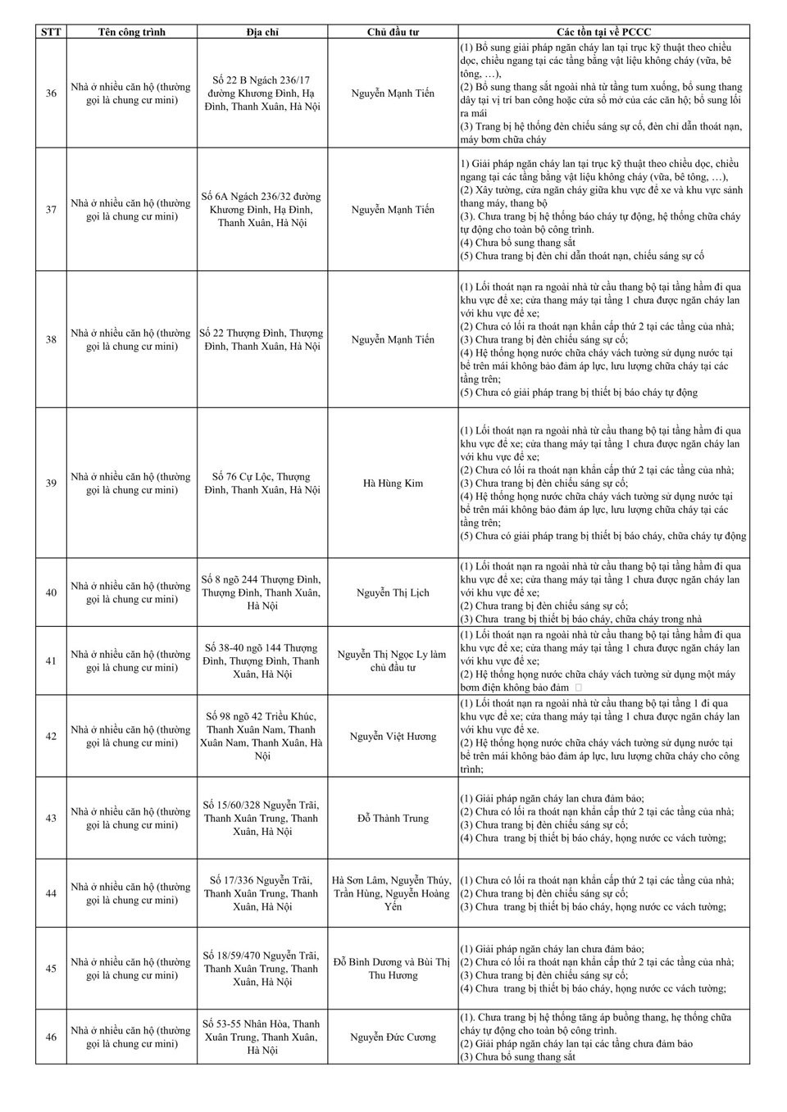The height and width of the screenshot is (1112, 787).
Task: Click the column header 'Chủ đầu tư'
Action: (x=393, y=32)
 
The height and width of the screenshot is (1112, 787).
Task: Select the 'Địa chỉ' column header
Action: (x=262, y=32)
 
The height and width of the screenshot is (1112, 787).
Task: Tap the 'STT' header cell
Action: (x=51, y=32)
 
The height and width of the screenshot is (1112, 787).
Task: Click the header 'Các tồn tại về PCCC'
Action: (x=603, y=32)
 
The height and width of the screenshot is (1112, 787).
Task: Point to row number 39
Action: (x=51, y=483)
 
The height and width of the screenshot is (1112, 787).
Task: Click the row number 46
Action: (x=51, y=1037)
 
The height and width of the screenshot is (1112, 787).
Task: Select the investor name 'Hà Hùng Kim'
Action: (x=393, y=483)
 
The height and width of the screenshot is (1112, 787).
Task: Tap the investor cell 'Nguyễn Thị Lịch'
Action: (x=393, y=592)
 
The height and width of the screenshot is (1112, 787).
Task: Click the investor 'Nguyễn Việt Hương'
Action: (x=393, y=737)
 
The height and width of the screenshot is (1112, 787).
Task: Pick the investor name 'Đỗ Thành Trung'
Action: (x=393, y=819)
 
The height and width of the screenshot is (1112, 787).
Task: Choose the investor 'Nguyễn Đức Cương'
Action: (x=393, y=1037)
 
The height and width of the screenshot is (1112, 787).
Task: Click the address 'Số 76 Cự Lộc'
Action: (x=262, y=483)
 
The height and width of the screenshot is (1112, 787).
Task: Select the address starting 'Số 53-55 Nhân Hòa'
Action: (x=262, y=1037)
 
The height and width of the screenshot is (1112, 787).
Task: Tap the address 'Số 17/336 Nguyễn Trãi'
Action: (x=262, y=893)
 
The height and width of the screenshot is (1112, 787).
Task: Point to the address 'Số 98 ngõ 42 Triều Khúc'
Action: (x=262, y=736)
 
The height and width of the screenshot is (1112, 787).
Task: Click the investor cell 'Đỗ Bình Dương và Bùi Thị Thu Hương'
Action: (x=393, y=969)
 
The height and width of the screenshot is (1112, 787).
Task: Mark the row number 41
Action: (x=51, y=661)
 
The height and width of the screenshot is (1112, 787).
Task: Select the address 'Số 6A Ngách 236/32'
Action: (x=262, y=210)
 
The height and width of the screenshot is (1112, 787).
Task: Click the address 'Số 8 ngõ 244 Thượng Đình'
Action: (x=262, y=592)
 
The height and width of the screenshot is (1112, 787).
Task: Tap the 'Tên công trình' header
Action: (x=131, y=32)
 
